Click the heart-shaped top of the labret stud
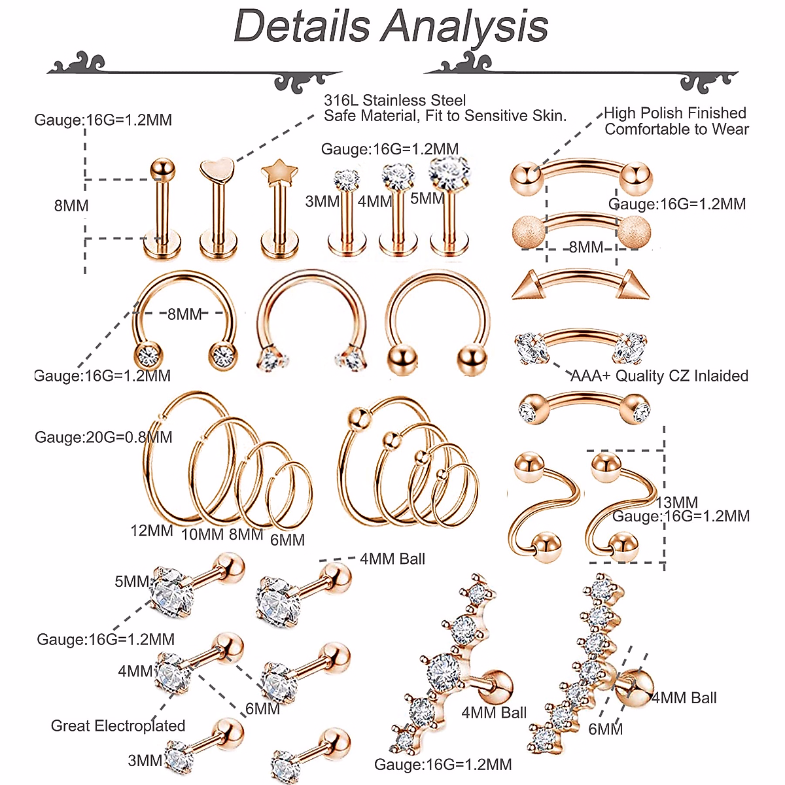[x=216, y=171]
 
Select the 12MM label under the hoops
[x=152, y=531]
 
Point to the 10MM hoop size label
[x=202, y=534]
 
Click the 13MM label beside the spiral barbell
[x=677, y=502]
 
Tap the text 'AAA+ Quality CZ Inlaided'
[x=659, y=376]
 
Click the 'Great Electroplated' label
[x=118, y=725]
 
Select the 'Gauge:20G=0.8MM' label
[x=103, y=437]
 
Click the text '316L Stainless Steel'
[x=394, y=101]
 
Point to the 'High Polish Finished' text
[x=674, y=113]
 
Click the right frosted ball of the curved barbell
[x=635, y=232]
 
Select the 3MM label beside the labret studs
[x=322, y=201]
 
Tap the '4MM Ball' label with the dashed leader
[x=392, y=559]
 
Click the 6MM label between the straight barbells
[x=262, y=708]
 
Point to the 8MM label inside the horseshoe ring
[x=184, y=314]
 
